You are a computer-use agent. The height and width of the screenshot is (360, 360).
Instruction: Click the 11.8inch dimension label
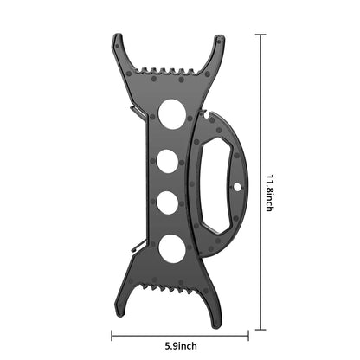tap(269, 193)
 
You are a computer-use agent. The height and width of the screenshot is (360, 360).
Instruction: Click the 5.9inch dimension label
tap(181, 345)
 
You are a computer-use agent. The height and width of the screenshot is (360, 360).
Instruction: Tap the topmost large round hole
tap(172, 114)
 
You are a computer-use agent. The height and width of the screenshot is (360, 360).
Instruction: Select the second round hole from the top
tap(168, 161)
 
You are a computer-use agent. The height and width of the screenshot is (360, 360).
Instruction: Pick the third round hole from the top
tap(167, 202)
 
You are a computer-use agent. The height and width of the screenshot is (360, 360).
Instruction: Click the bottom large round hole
tap(172, 248)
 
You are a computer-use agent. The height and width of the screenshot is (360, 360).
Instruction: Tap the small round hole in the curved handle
tap(237, 188)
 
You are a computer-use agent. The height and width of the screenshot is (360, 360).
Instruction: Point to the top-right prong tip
tap(219, 37)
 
